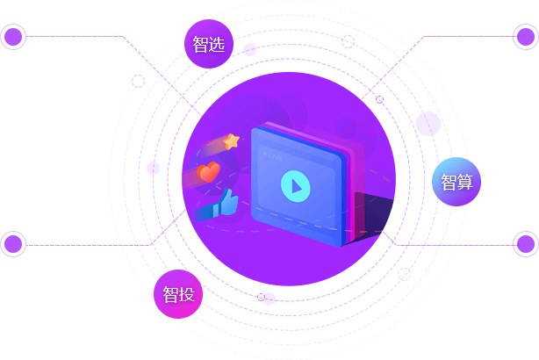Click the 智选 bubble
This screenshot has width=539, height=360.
[209, 43]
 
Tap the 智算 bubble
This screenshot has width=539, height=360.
[456, 181]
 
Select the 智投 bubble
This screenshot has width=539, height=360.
[178, 294]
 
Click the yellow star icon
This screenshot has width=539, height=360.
[231, 140]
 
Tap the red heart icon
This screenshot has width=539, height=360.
[208, 171]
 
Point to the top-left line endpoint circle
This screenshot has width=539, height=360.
[13, 37]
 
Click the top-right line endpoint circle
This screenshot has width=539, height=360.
[525, 37]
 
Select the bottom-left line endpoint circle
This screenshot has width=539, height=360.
[13, 244]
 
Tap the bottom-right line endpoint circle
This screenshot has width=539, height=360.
[525, 244]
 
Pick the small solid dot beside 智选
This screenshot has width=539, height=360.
[250, 49]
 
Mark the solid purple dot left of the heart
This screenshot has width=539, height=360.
[154, 168]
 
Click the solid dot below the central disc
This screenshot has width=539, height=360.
[269, 299]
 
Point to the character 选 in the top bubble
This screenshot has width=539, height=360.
[219, 43]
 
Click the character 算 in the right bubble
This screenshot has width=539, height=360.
[465, 182]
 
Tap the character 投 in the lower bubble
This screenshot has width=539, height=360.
[188, 294]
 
